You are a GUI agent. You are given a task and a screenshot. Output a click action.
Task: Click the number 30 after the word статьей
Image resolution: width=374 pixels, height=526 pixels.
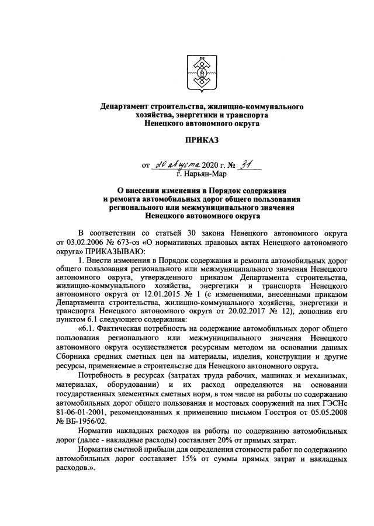click(x=181, y=233)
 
